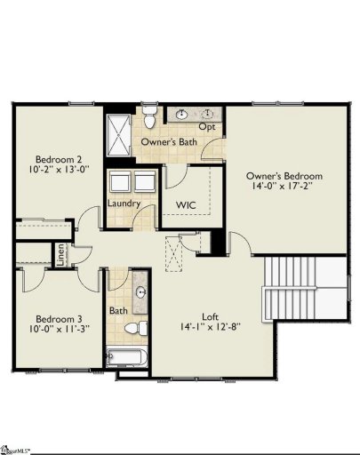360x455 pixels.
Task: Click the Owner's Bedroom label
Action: point(284,176)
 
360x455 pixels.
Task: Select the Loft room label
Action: point(210,315)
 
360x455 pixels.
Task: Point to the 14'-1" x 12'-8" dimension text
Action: point(210,327)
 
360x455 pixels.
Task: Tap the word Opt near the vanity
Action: point(206,126)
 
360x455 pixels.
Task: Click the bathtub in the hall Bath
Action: point(127,358)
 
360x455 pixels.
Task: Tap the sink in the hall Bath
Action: point(140,291)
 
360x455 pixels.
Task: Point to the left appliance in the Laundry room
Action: point(121,182)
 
